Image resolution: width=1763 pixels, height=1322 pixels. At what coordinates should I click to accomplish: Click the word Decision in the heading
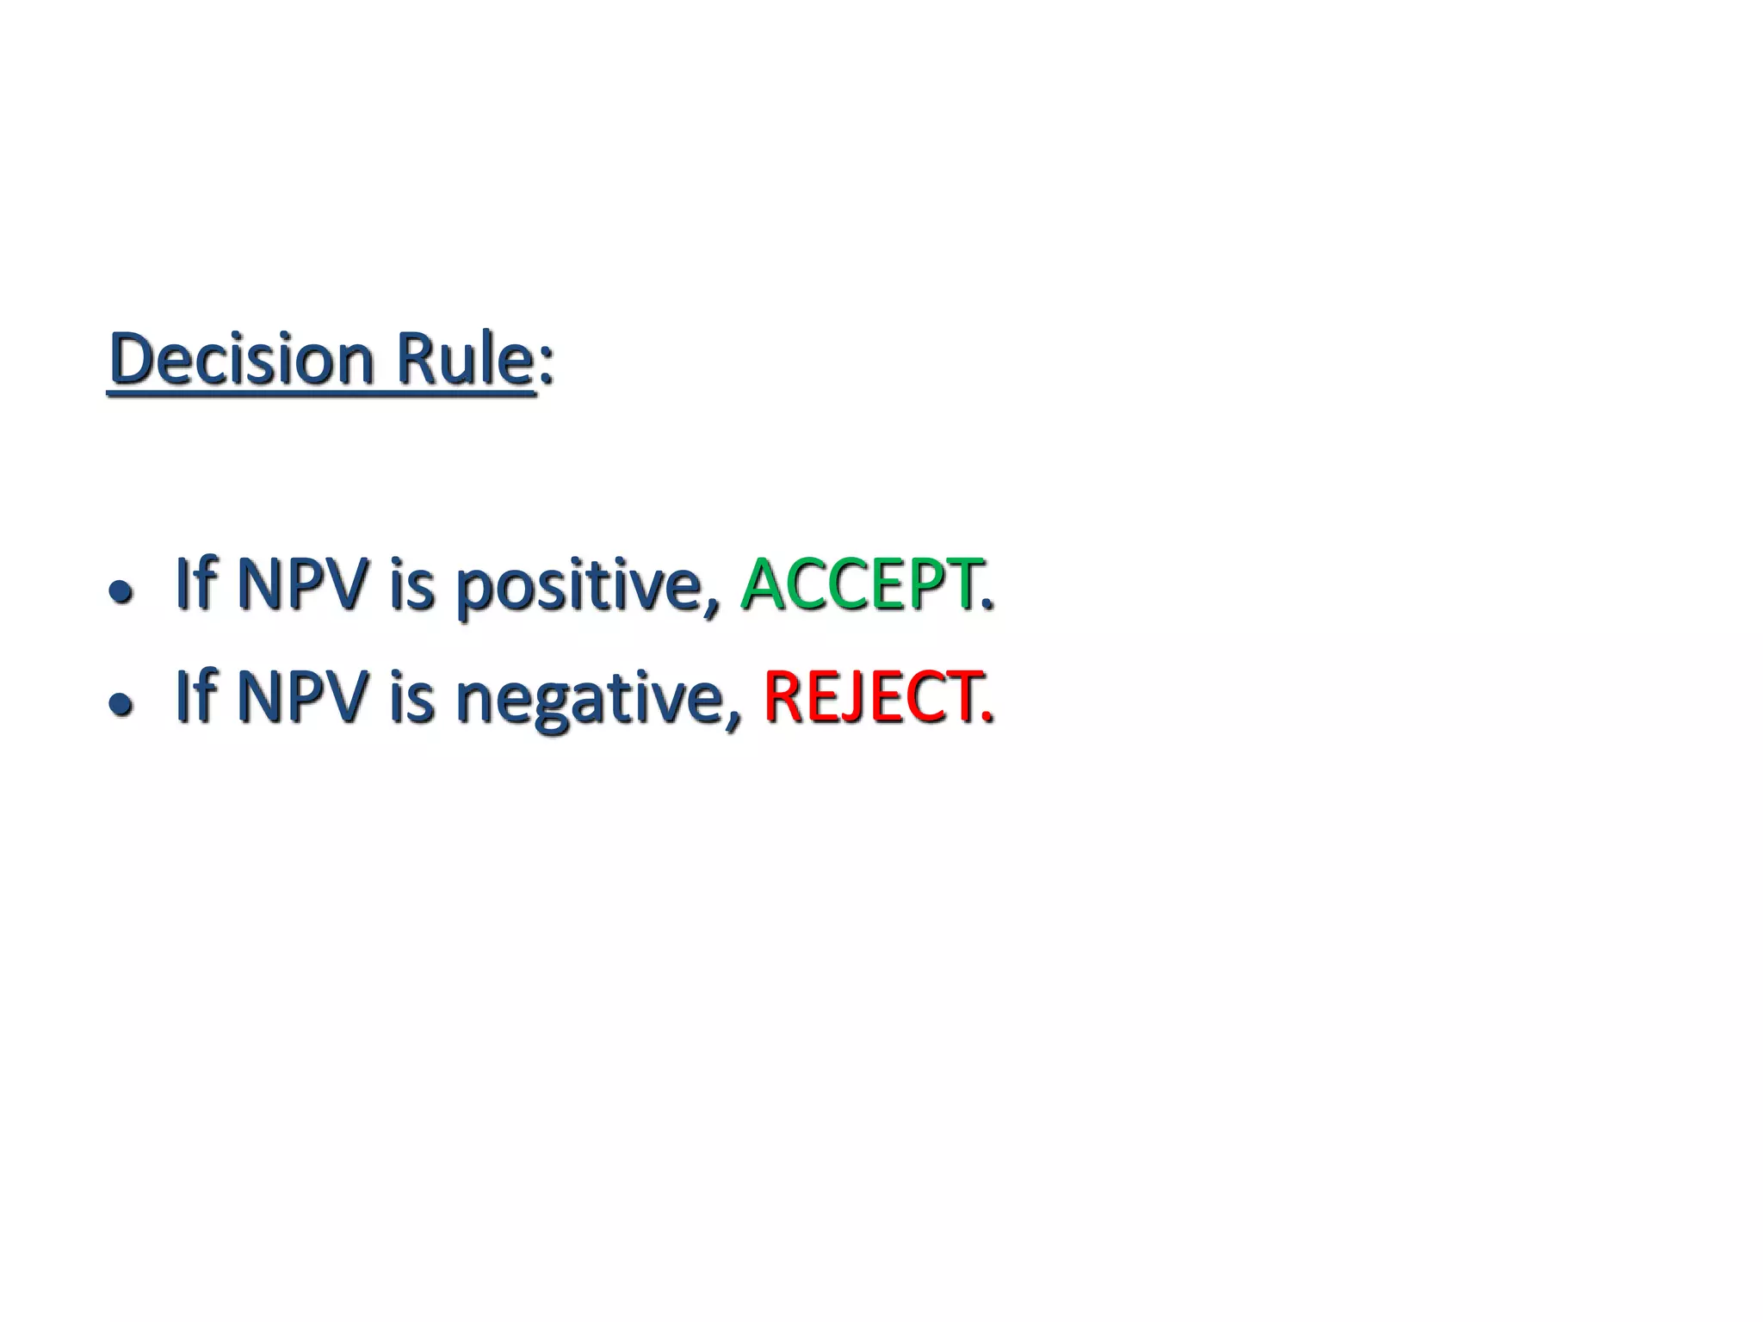point(242,359)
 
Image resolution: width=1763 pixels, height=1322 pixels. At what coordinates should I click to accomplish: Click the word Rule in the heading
point(465,359)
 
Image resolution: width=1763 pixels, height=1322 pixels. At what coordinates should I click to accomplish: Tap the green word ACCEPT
point(859,584)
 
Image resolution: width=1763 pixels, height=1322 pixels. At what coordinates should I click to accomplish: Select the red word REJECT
point(870,696)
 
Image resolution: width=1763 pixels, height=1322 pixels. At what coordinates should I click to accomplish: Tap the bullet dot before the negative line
point(121,704)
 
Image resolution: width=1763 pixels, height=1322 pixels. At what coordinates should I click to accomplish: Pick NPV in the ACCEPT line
point(302,584)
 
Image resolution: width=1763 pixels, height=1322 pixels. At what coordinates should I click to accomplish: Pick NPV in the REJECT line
point(302,696)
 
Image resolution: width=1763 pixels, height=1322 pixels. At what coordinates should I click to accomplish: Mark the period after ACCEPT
point(987,605)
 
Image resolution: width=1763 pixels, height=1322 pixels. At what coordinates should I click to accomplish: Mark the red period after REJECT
point(987,717)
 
